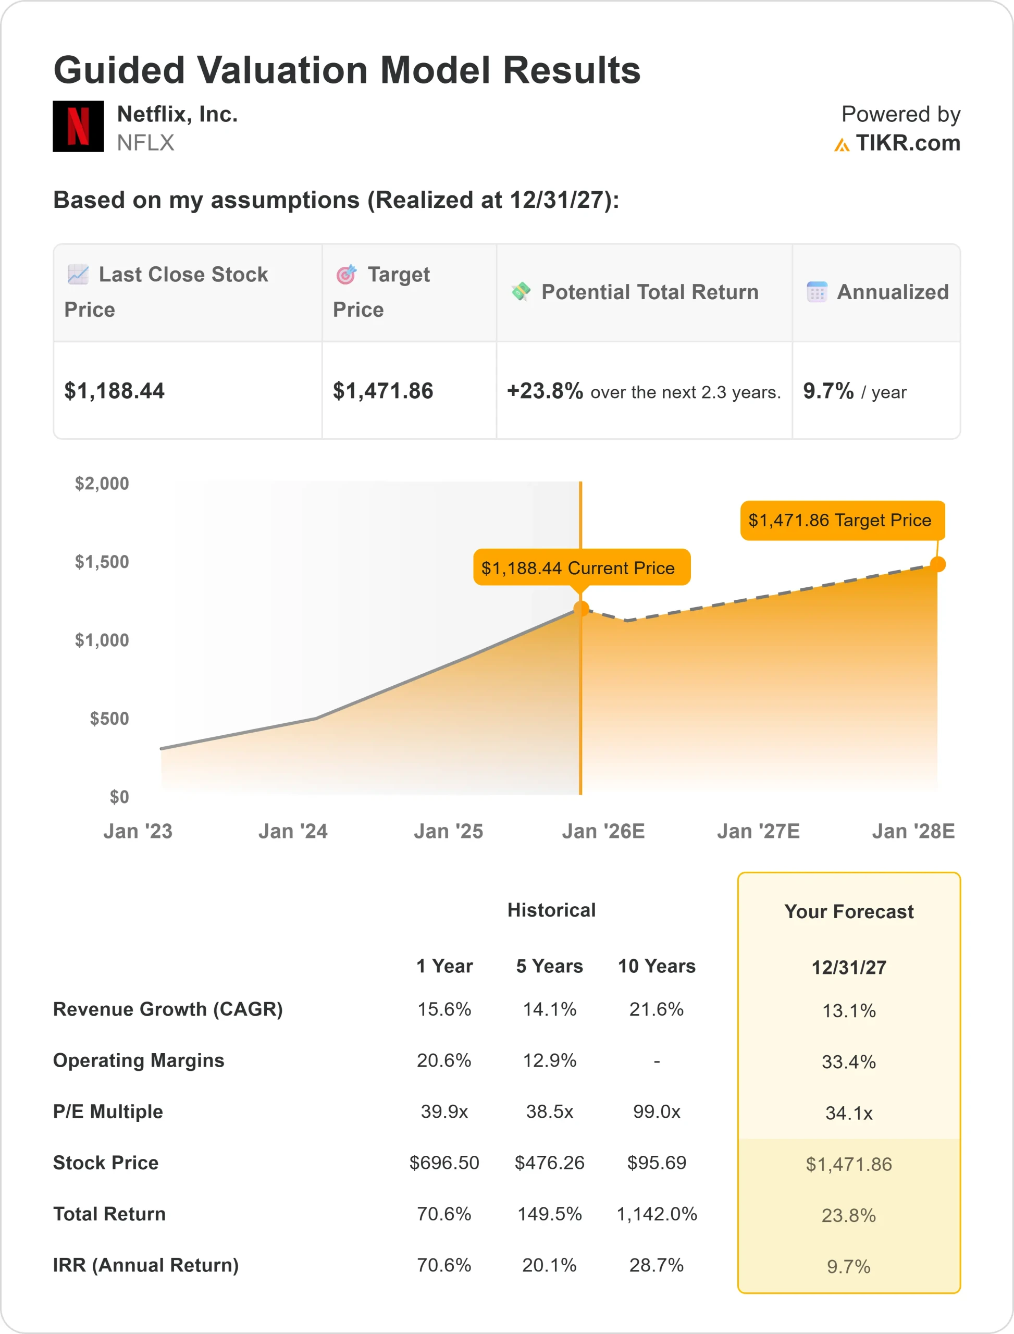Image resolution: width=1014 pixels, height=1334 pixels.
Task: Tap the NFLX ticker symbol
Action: coord(145,143)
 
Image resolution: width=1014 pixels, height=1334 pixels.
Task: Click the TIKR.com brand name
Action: coord(907,143)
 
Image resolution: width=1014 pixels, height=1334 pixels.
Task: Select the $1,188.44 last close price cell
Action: coord(115,391)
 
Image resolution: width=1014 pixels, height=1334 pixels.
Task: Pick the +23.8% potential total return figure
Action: coord(545,391)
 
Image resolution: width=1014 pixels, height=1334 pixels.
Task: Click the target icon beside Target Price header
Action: coord(347,275)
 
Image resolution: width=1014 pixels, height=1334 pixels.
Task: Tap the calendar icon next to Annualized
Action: coord(817,292)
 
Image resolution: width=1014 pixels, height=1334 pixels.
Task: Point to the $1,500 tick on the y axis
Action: coord(102,562)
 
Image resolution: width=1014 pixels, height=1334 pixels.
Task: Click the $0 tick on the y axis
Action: coord(119,797)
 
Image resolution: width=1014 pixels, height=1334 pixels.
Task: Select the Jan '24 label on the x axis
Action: coord(293,831)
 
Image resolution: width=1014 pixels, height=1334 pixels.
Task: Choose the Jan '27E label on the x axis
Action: coord(758,831)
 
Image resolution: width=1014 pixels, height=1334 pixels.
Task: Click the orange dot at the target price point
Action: coord(937,564)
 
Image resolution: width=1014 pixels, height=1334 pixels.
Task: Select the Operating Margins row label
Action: coord(139,1060)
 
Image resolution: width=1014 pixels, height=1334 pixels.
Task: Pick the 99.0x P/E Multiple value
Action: coord(657,1112)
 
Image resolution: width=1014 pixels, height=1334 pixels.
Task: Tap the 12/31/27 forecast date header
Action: coord(849,968)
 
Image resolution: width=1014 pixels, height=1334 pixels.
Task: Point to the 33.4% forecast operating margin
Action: coord(849,1062)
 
